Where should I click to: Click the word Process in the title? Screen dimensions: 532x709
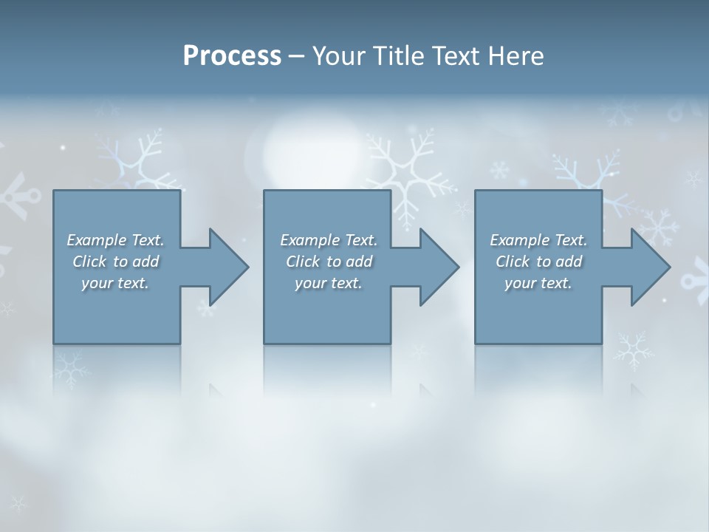[232, 56]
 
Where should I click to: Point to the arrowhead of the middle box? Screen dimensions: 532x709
[443, 267]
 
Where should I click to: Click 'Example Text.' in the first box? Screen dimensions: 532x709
[115, 240]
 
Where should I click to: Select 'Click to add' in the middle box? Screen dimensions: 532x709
[329, 262]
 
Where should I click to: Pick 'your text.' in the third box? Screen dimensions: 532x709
[538, 283]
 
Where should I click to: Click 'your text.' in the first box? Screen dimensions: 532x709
[115, 283]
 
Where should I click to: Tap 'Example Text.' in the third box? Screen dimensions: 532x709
[538, 240]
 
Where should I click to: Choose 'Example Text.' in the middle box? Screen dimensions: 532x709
[329, 240]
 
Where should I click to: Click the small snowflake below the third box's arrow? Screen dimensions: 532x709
[633, 349]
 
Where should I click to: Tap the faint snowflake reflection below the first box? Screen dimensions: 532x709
[70, 369]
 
